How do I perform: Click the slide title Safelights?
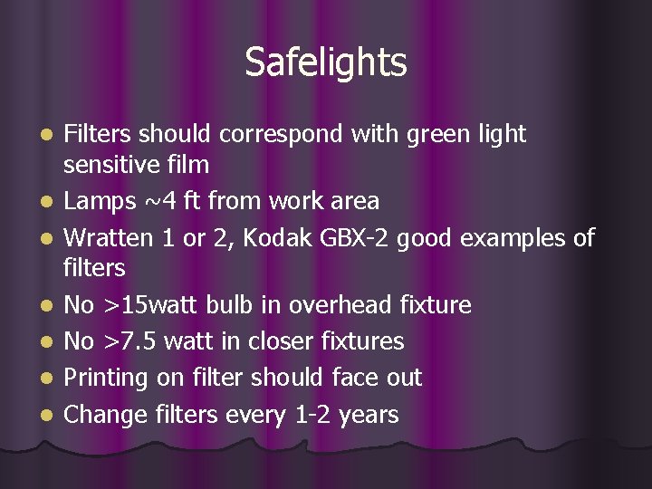coord(326,62)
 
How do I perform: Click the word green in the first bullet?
coord(441,134)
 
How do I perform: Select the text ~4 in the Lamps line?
coord(157,201)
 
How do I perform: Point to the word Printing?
coord(108,378)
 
